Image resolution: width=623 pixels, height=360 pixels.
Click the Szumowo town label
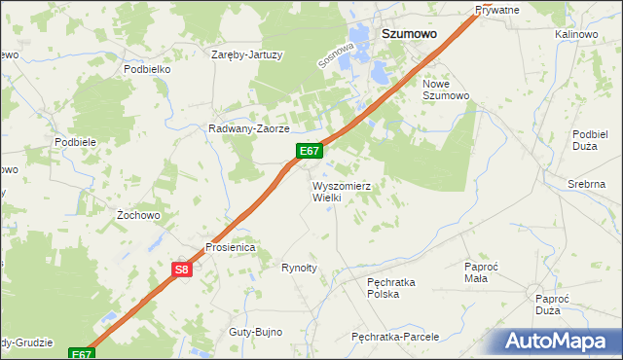pyautogui.click(x=408, y=32)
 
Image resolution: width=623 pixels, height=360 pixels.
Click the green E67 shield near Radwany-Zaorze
pyautogui.click(x=310, y=151)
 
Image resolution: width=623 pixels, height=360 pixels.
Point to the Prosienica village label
pyautogui.click(x=230, y=247)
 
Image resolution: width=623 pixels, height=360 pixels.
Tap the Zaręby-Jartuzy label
pyautogui.click(x=247, y=54)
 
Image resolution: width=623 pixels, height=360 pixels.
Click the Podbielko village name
pyautogui.click(x=147, y=70)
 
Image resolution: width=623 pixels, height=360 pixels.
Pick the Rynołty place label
pyautogui.click(x=300, y=268)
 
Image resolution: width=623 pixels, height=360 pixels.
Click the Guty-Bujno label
pyautogui.click(x=255, y=332)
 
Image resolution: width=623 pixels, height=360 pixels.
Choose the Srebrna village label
pyautogui.click(x=587, y=184)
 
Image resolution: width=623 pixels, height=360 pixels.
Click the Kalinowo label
pyautogui.click(x=575, y=34)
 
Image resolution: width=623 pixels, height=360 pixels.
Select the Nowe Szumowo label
pyautogui.click(x=446, y=90)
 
